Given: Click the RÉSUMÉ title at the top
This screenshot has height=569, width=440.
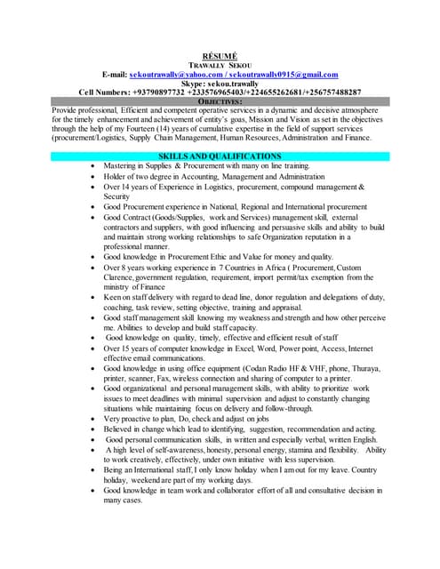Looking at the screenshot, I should click(x=220, y=55).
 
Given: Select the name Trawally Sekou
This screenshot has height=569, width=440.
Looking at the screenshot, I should click(x=220, y=65).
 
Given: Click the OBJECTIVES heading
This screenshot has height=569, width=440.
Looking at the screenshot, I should click(x=220, y=101).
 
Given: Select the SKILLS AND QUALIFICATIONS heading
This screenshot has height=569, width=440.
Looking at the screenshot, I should click(x=220, y=156).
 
